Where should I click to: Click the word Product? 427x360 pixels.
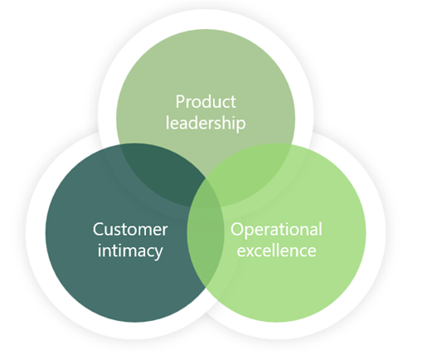coord(206,101)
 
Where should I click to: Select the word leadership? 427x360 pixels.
coord(206,123)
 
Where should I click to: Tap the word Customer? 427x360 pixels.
coord(130,229)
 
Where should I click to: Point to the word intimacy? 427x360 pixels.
coord(130,251)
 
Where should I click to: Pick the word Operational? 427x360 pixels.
coord(276,230)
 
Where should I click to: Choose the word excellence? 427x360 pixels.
coord(276,251)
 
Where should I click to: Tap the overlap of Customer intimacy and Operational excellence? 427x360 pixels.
coord(206,249)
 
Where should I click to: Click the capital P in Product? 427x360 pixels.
coord(181,101)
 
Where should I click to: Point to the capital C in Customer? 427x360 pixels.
coord(99,229)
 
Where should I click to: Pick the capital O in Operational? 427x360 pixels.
coord(237,229)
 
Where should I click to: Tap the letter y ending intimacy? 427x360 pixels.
coord(158,253)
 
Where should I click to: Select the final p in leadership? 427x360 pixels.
coord(240,125)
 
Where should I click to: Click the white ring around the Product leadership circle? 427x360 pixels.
coord(206,19)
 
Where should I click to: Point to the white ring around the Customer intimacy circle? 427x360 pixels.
coord(36,232)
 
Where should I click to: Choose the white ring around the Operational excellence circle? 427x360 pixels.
coord(376,232)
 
